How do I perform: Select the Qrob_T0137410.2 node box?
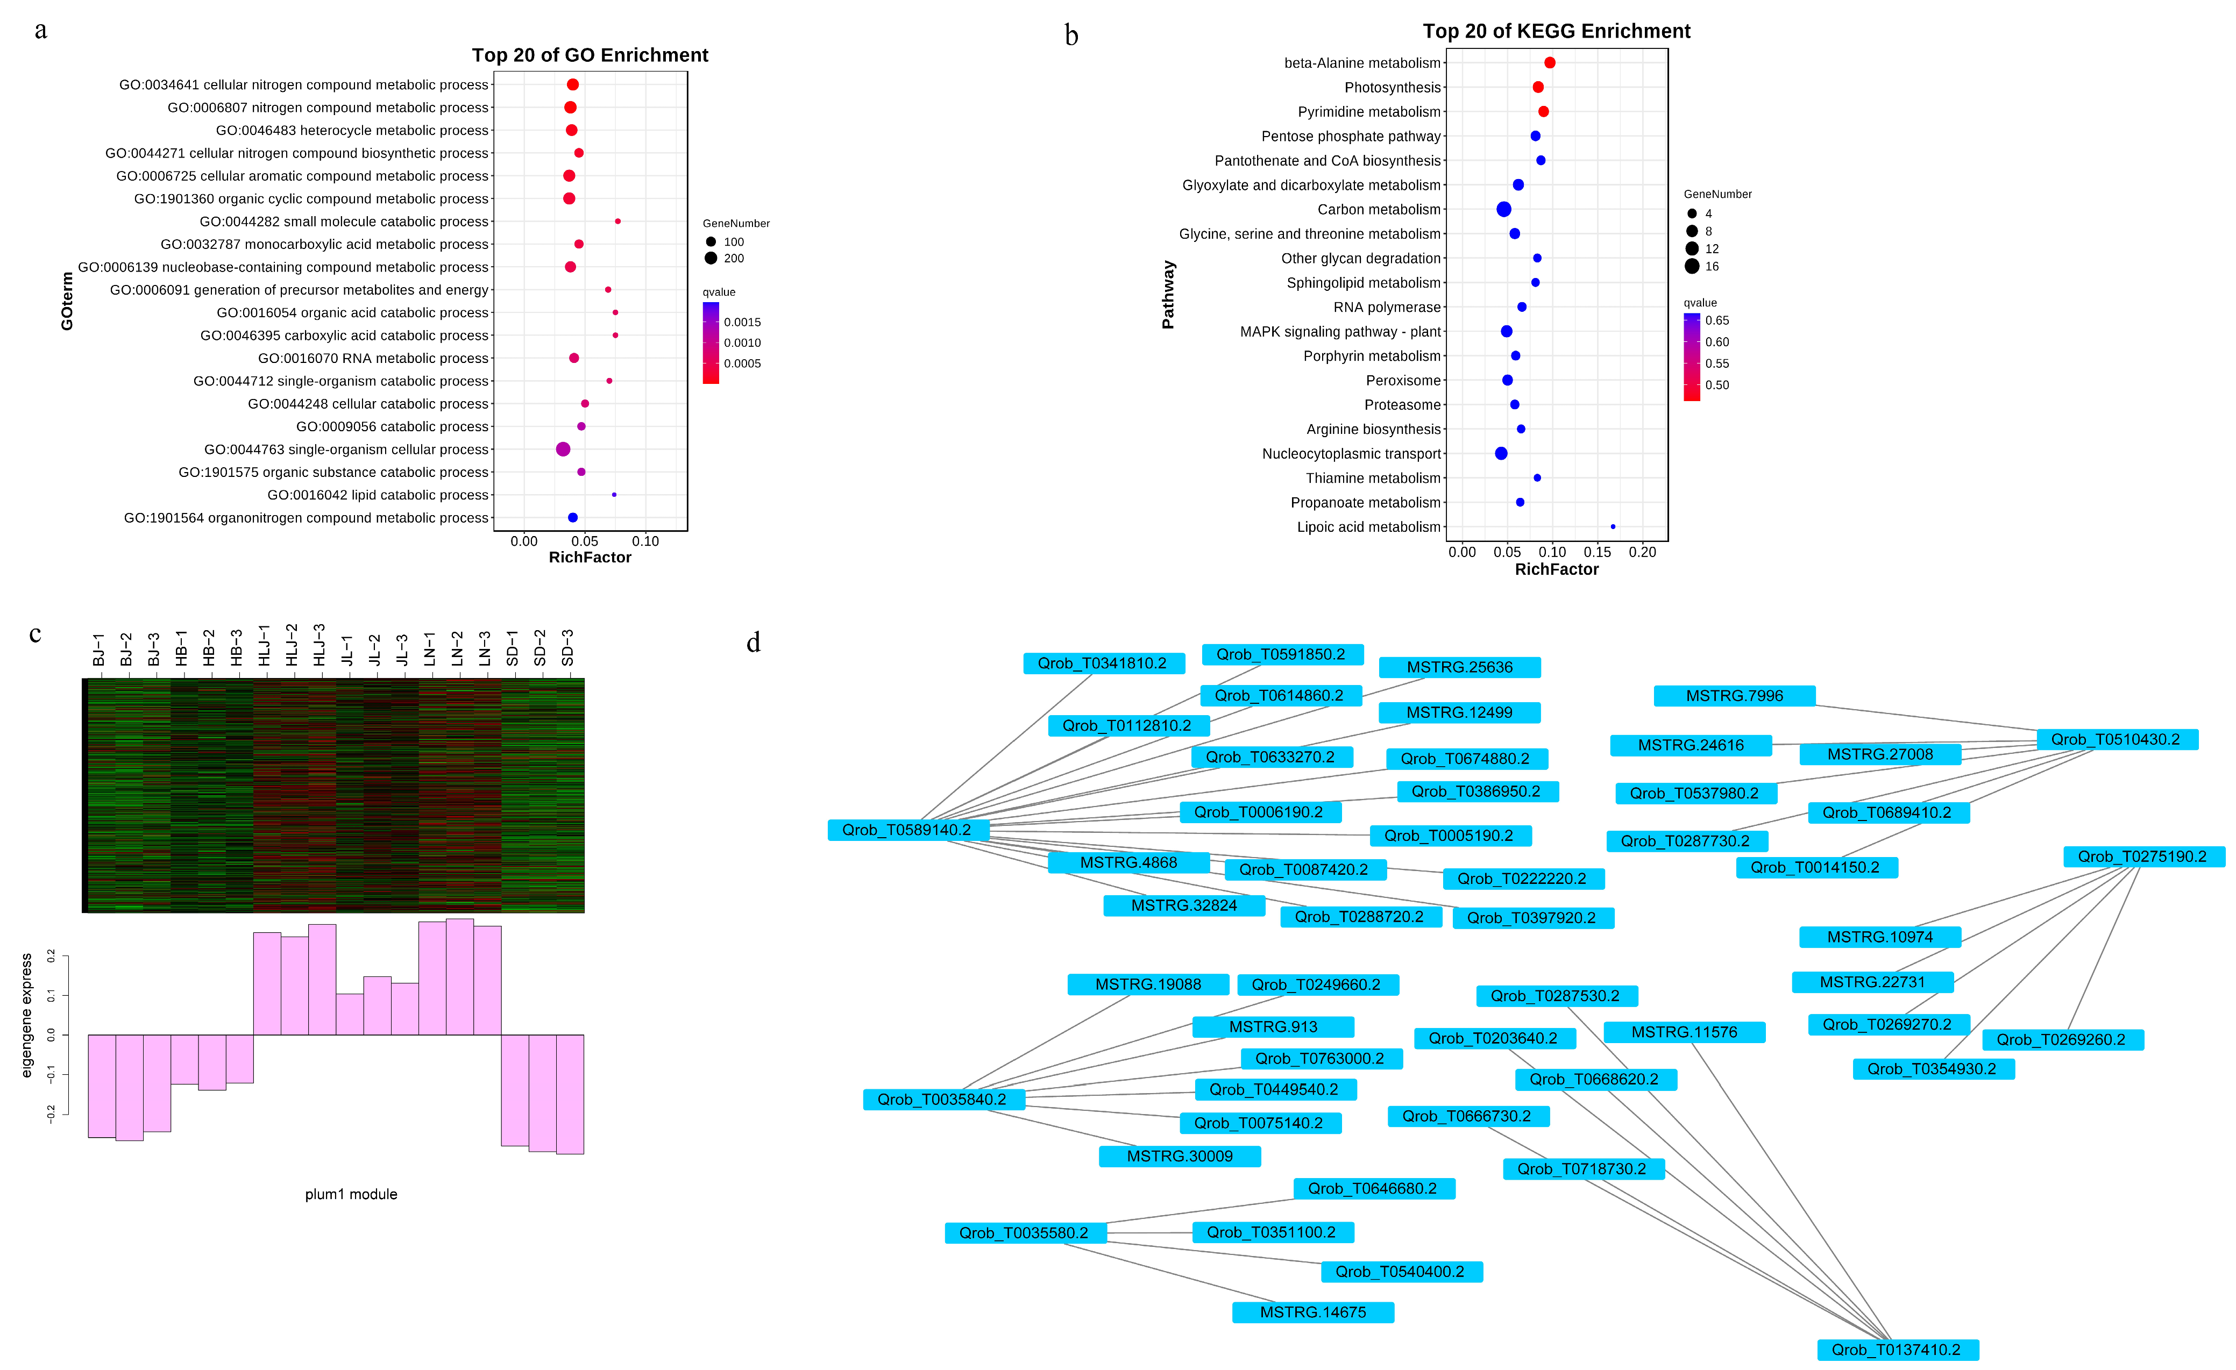click(x=1897, y=1349)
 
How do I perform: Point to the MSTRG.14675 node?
click(x=1312, y=1312)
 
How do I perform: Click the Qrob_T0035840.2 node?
click(x=942, y=1100)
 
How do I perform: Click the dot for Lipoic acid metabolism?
click(x=1613, y=526)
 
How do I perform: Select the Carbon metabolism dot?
click(x=1504, y=210)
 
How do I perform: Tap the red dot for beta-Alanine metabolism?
click(x=1550, y=62)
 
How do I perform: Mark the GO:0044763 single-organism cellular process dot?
click(x=563, y=449)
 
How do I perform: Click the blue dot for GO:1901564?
click(x=573, y=517)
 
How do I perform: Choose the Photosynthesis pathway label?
click(x=1392, y=87)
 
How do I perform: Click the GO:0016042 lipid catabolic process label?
click(x=378, y=495)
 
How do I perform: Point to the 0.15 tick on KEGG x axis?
click(x=1597, y=552)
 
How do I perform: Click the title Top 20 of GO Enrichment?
click(x=590, y=55)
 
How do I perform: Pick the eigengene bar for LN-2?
click(x=460, y=977)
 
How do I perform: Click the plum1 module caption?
click(x=351, y=1194)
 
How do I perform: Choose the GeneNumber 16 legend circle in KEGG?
click(x=1692, y=266)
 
